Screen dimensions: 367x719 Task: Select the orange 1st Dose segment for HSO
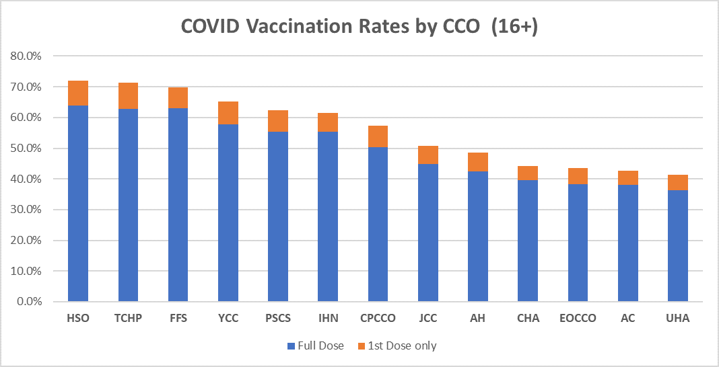coord(78,93)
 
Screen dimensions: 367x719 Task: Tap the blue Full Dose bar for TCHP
coord(128,205)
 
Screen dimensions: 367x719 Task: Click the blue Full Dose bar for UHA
coord(678,246)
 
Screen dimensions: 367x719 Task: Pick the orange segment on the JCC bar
coord(428,155)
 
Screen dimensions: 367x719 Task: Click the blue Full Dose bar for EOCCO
coord(578,243)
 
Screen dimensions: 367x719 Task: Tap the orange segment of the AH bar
coord(478,162)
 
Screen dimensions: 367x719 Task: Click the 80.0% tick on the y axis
coord(26,56)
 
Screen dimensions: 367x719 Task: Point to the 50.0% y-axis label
coord(26,149)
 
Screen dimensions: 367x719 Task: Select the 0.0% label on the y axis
coord(29,302)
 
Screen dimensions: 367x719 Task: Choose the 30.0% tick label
coord(26,210)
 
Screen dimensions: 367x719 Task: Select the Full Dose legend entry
coord(316,346)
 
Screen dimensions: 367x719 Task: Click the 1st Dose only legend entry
coord(397,346)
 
